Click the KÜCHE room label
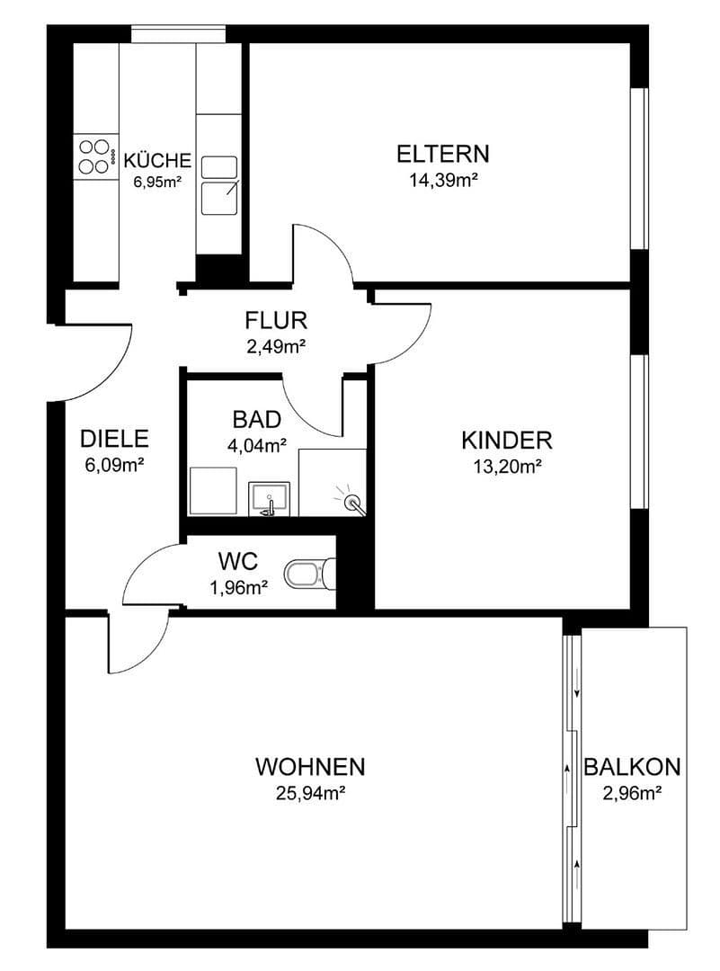(x=157, y=161)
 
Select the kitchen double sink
(x=218, y=185)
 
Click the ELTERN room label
(x=443, y=154)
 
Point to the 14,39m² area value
(x=443, y=181)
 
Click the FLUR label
(x=277, y=320)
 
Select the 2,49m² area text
(x=277, y=345)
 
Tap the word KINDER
(x=506, y=441)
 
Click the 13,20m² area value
(x=506, y=466)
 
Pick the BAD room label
(x=257, y=419)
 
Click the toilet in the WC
(x=307, y=572)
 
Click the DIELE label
(x=113, y=439)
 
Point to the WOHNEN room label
(x=310, y=767)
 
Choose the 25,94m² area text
(x=310, y=793)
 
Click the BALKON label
(x=632, y=768)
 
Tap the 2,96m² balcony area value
(x=632, y=793)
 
